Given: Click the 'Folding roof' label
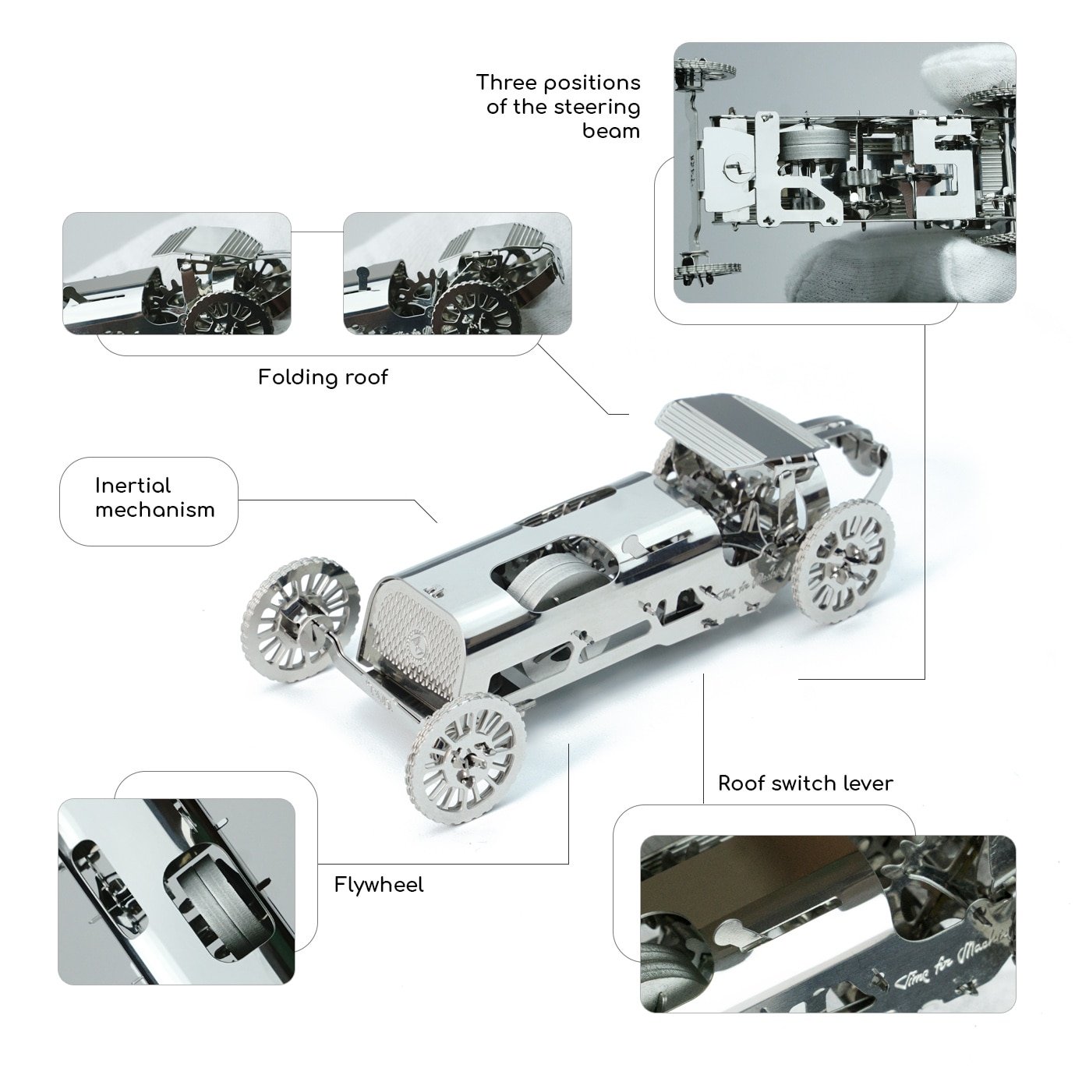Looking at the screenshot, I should [x=323, y=377].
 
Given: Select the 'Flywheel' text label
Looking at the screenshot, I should [x=379, y=885].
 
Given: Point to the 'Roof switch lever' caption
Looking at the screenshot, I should [x=805, y=783].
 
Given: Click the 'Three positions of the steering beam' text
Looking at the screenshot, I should [x=558, y=106].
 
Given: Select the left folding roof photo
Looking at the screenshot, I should [x=176, y=273].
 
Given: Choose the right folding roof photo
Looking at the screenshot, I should [x=457, y=273].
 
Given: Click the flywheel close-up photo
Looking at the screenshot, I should [x=176, y=891].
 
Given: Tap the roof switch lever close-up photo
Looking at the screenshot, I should [x=828, y=924].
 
